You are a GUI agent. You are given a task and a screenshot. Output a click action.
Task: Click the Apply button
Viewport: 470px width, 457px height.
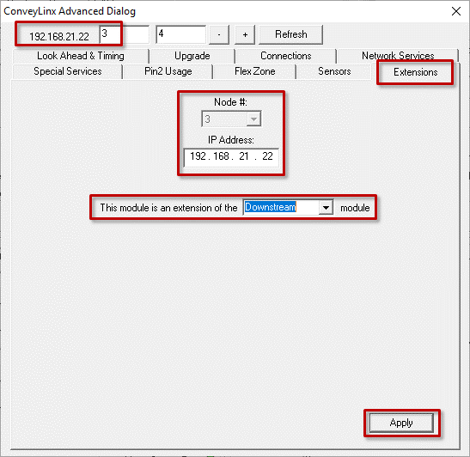pyautogui.click(x=401, y=423)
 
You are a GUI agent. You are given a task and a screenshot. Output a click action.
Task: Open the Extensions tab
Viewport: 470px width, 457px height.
pyautogui.click(x=416, y=72)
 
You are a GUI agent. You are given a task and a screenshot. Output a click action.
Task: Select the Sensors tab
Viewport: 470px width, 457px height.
pyautogui.click(x=334, y=71)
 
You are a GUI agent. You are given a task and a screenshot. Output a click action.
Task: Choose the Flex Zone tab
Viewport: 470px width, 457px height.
pyautogui.click(x=255, y=71)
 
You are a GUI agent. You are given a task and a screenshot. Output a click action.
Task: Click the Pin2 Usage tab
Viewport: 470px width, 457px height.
pyautogui.click(x=168, y=71)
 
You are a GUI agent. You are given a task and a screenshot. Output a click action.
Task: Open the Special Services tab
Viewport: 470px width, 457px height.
pyautogui.click(x=67, y=71)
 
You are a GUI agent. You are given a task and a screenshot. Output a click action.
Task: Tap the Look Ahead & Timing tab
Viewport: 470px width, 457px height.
pyautogui.click(x=80, y=56)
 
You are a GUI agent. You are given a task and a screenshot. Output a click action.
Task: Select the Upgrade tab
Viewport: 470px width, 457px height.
pyautogui.click(x=192, y=56)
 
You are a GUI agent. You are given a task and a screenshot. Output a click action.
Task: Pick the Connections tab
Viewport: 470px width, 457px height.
pyautogui.click(x=285, y=56)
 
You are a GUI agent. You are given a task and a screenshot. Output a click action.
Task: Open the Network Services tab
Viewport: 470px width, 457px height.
pyautogui.click(x=398, y=56)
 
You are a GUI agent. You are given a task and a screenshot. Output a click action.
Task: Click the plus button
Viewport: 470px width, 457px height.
pyautogui.click(x=245, y=34)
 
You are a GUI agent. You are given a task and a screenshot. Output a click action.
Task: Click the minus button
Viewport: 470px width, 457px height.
pyautogui.click(x=219, y=34)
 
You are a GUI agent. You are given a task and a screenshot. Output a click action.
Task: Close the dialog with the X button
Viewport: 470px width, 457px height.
pyautogui.click(x=456, y=11)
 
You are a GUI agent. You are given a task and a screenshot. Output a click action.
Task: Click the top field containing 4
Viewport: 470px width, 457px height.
pyautogui.click(x=180, y=34)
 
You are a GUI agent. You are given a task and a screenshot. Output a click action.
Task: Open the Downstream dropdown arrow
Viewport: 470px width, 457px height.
pyautogui.click(x=326, y=207)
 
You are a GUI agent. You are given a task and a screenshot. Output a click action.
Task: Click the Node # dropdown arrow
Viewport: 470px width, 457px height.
pyautogui.click(x=253, y=119)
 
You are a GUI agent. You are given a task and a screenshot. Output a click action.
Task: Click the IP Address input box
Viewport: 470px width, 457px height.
pyautogui.click(x=231, y=157)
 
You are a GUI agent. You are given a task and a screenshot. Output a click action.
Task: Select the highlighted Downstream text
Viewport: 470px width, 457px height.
pyautogui.click(x=271, y=207)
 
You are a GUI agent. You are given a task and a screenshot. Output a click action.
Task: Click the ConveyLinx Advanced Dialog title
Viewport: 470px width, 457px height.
pyautogui.click(x=70, y=11)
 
